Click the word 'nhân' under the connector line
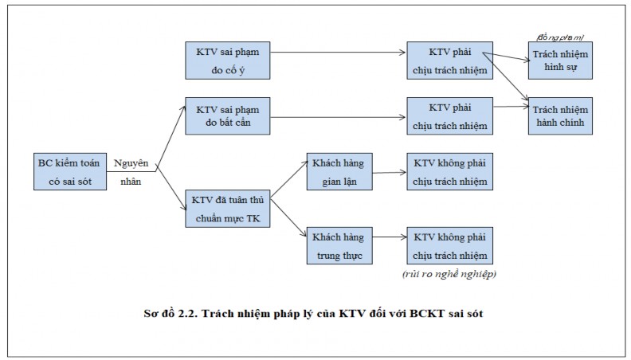(x=131, y=180)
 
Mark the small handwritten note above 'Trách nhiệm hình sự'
(x=561, y=37)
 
